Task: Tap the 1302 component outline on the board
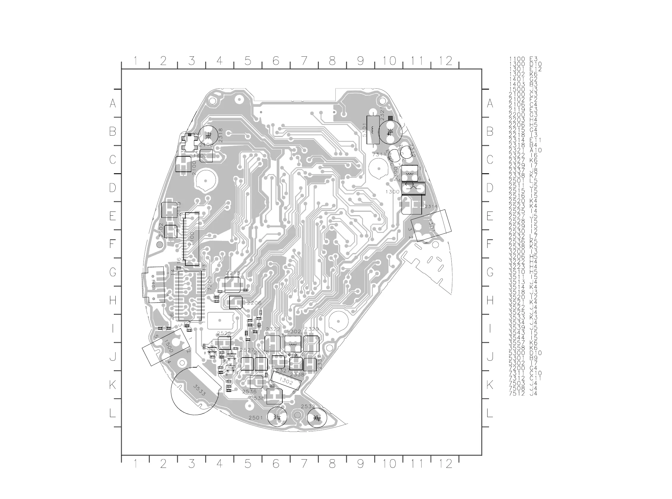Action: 286,381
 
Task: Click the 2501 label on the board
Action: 256,418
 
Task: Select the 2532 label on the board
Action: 308,406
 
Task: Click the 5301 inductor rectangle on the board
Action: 373,130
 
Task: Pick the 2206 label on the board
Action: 254,303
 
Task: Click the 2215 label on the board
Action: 233,273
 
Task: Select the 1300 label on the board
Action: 392,192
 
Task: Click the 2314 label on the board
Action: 431,206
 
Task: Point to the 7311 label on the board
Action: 379,154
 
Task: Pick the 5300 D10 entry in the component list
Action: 525,353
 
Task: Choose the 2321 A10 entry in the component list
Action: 525,150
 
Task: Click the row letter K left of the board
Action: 113,385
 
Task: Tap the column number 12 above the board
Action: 446,61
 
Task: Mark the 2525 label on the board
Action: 224,333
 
